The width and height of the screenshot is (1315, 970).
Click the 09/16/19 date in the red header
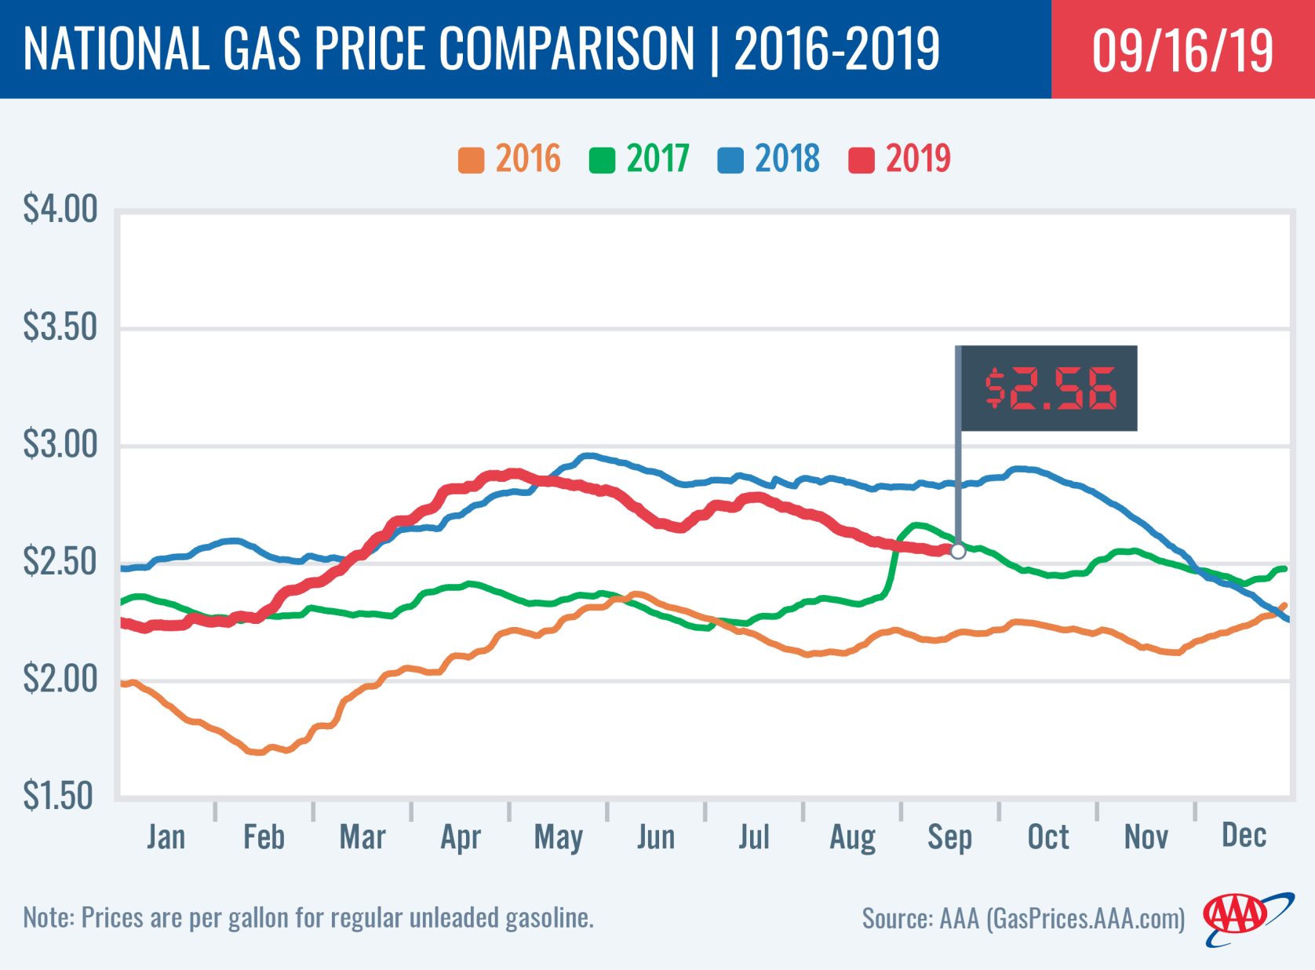point(1182,50)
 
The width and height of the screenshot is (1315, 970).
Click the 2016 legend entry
point(510,159)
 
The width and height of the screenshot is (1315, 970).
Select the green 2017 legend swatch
point(602,160)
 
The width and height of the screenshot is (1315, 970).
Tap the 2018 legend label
point(787,159)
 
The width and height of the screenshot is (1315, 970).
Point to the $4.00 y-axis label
point(60,210)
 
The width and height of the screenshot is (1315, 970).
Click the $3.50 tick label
point(60,327)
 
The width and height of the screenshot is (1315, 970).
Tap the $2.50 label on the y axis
point(60,562)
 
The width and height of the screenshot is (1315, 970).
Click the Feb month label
point(264,837)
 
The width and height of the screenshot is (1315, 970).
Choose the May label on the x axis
point(558,837)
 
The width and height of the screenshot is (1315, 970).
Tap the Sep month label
point(949,837)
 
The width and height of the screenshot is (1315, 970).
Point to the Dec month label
point(1244,836)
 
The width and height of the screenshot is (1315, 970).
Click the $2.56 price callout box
point(1049,388)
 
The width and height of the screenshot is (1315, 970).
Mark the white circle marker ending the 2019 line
point(958,552)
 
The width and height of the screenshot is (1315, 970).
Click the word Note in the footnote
point(48,917)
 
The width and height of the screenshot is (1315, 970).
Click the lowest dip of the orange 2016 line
point(256,752)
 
